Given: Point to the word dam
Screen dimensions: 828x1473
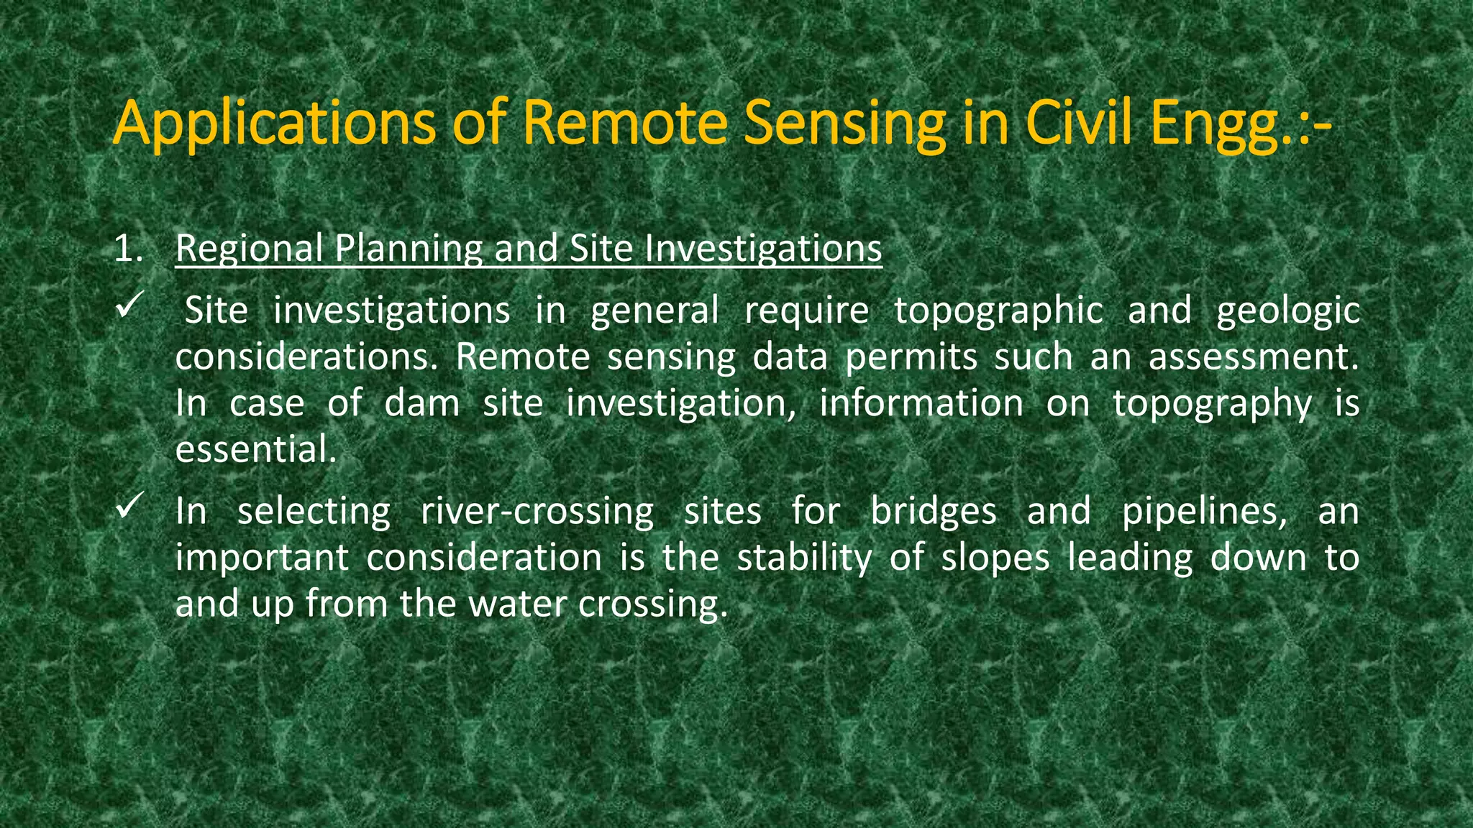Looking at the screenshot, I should click(x=422, y=403).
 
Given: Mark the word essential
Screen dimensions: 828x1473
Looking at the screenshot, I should click(x=256, y=450).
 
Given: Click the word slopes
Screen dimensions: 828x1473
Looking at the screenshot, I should click(x=995, y=558).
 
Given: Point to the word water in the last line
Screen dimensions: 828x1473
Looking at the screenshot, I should click(x=517, y=604).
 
